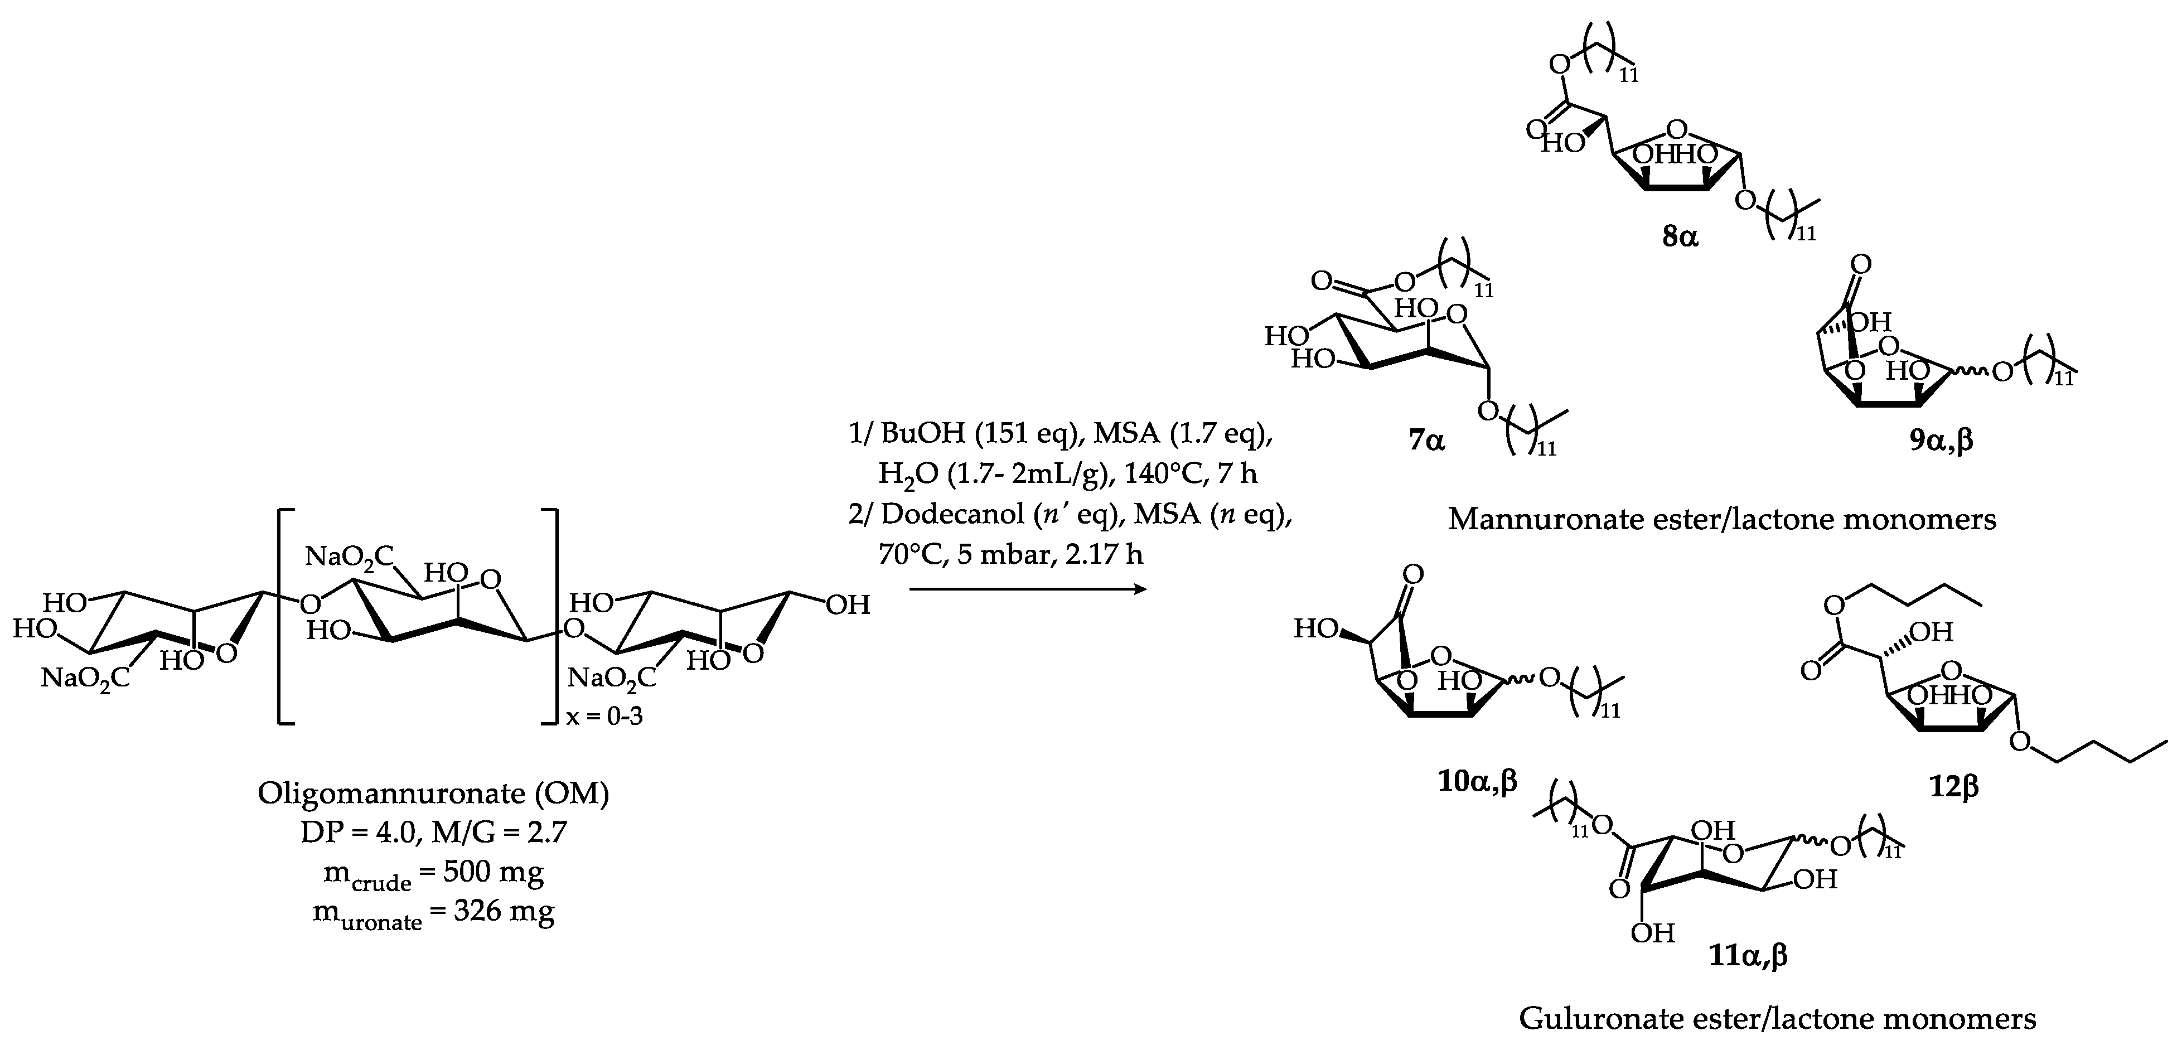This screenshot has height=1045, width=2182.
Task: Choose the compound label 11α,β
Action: [1748, 957]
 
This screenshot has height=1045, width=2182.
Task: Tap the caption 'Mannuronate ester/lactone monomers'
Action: [1722, 518]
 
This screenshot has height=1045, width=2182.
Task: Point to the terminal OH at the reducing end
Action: [847, 604]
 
